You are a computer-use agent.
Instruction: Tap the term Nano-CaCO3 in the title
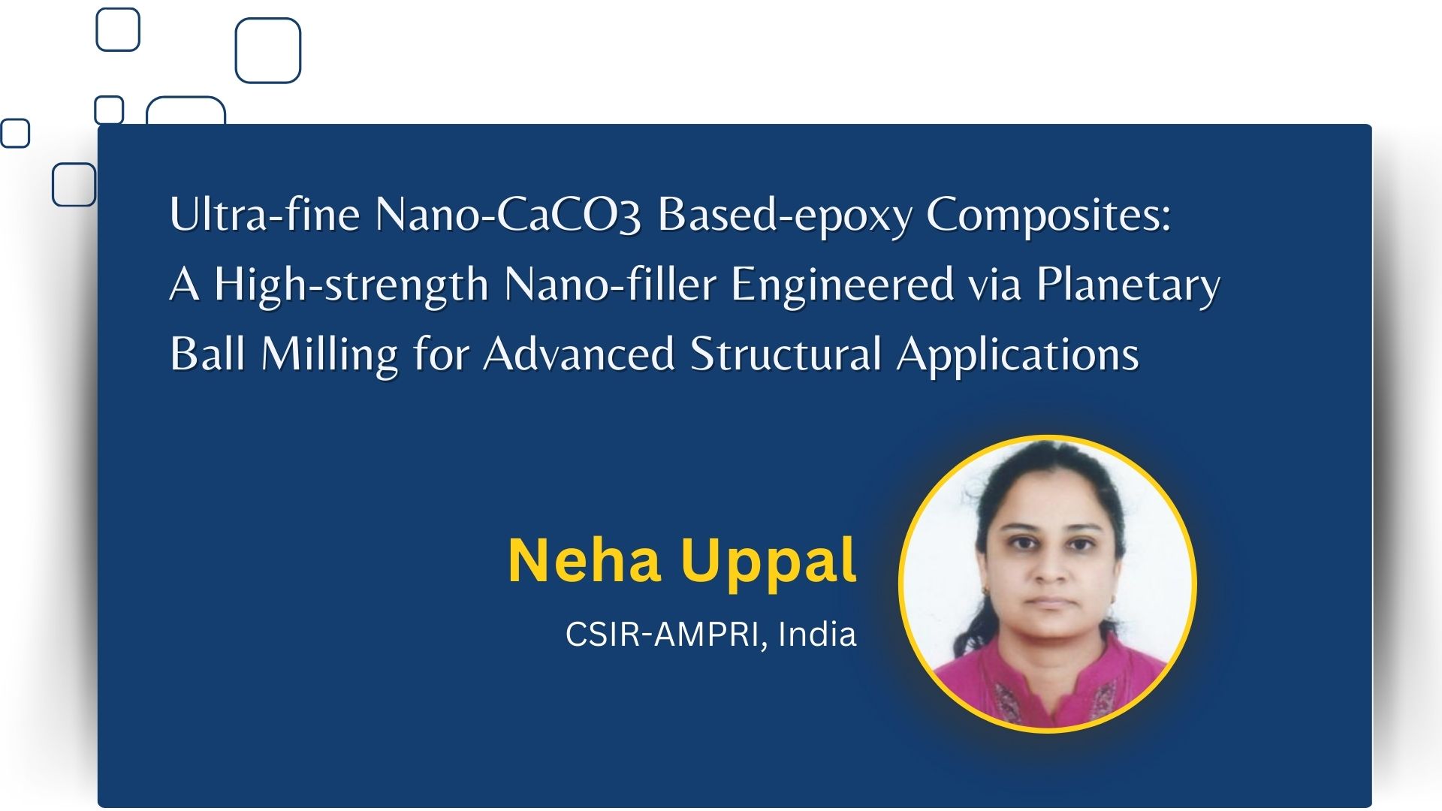tap(508, 215)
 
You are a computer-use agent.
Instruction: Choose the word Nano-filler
tap(609, 284)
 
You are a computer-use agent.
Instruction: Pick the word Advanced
tap(579, 354)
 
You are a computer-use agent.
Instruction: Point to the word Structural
tap(786, 354)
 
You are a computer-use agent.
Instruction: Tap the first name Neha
tap(584, 560)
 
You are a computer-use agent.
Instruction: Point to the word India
tap(817, 634)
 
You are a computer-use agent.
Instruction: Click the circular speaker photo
tap(1048, 583)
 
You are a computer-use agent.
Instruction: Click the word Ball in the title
tap(208, 354)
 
